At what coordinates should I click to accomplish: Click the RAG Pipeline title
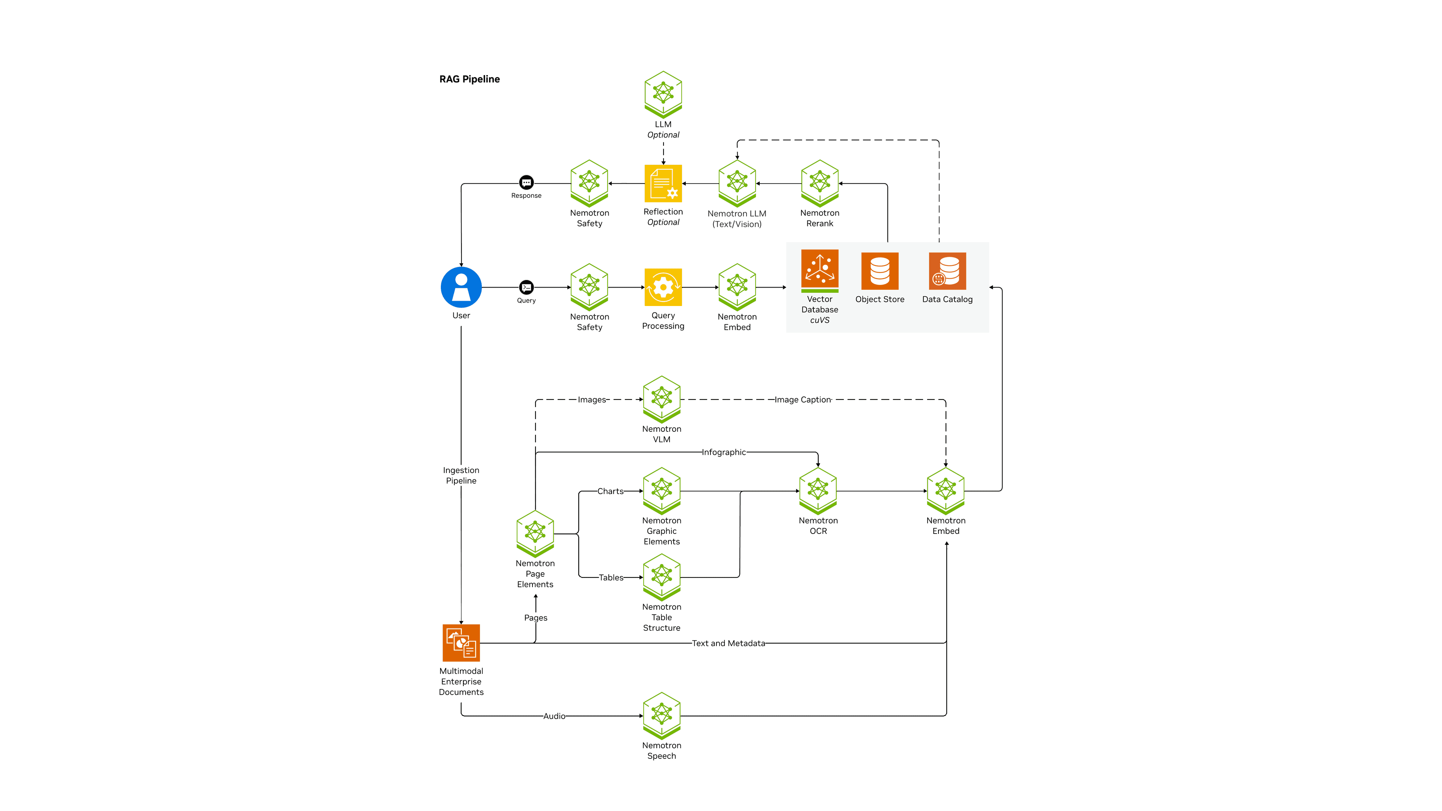[x=469, y=79]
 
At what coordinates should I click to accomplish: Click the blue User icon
[x=461, y=287]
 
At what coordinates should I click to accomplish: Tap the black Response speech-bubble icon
[x=526, y=182]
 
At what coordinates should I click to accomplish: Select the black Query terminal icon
[x=526, y=287]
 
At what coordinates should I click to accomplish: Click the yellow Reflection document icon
[x=663, y=183]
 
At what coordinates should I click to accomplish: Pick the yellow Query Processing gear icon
[x=663, y=287]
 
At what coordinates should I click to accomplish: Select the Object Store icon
[x=879, y=271]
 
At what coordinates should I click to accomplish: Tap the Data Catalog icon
[x=947, y=271]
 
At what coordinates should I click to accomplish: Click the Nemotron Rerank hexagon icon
[x=819, y=183]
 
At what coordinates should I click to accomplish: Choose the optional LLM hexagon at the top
[x=663, y=94]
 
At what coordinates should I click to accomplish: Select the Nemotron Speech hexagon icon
[x=662, y=715]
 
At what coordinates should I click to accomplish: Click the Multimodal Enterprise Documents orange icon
[x=461, y=642]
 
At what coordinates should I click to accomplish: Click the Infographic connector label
[x=723, y=452]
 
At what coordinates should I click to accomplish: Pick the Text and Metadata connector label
[x=728, y=643]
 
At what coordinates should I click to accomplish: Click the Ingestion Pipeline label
[x=461, y=475]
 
